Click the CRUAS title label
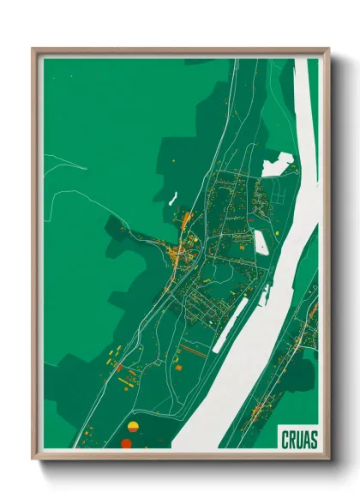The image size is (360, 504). pos(298,439)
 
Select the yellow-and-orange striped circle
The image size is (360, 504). pos(132,426)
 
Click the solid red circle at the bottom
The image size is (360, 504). pos(126,443)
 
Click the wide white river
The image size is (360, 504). pos(257,343)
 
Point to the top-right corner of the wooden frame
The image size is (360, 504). pos(328,50)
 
